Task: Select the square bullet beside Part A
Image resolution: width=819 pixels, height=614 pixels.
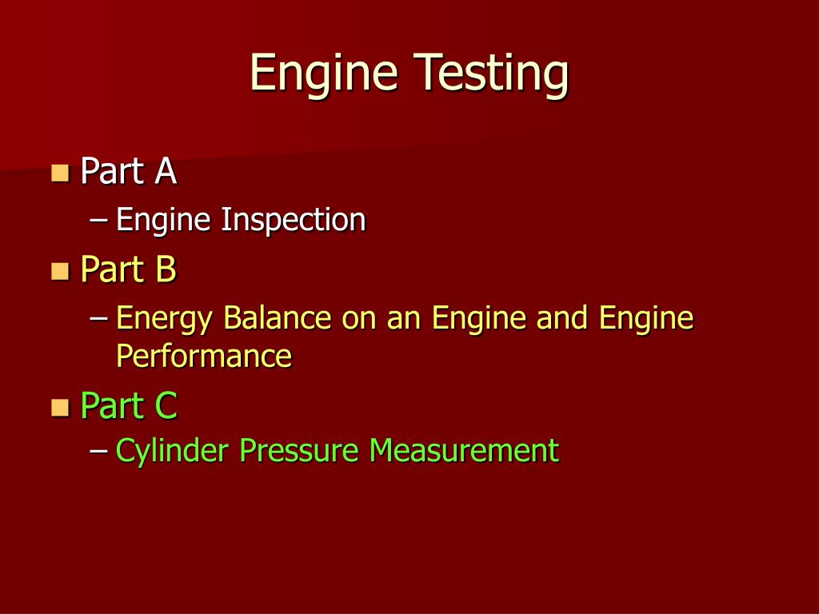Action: pos(59,173)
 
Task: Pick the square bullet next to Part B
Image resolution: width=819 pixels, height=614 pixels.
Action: pos(59,270)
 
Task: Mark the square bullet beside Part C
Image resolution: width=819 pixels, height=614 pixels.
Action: pos(59,407)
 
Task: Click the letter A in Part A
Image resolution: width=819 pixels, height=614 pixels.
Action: pos(166,172)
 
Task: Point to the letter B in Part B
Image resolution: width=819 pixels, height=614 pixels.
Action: pos(166,269)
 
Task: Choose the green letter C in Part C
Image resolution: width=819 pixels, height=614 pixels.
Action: pos(166,406)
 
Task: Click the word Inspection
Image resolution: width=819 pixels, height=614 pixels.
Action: pos(294,220)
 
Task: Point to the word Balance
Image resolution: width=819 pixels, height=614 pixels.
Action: pos(277,318)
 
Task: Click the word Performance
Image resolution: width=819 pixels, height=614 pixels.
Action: pos(204,355)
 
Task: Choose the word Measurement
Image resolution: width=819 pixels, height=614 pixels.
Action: pos(463,451)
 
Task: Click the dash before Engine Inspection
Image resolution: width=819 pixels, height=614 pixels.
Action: pos(99,220)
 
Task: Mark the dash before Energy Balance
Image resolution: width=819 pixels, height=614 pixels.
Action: pos(99,319)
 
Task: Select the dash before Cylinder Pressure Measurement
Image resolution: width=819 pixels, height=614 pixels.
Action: pos(99,452)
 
